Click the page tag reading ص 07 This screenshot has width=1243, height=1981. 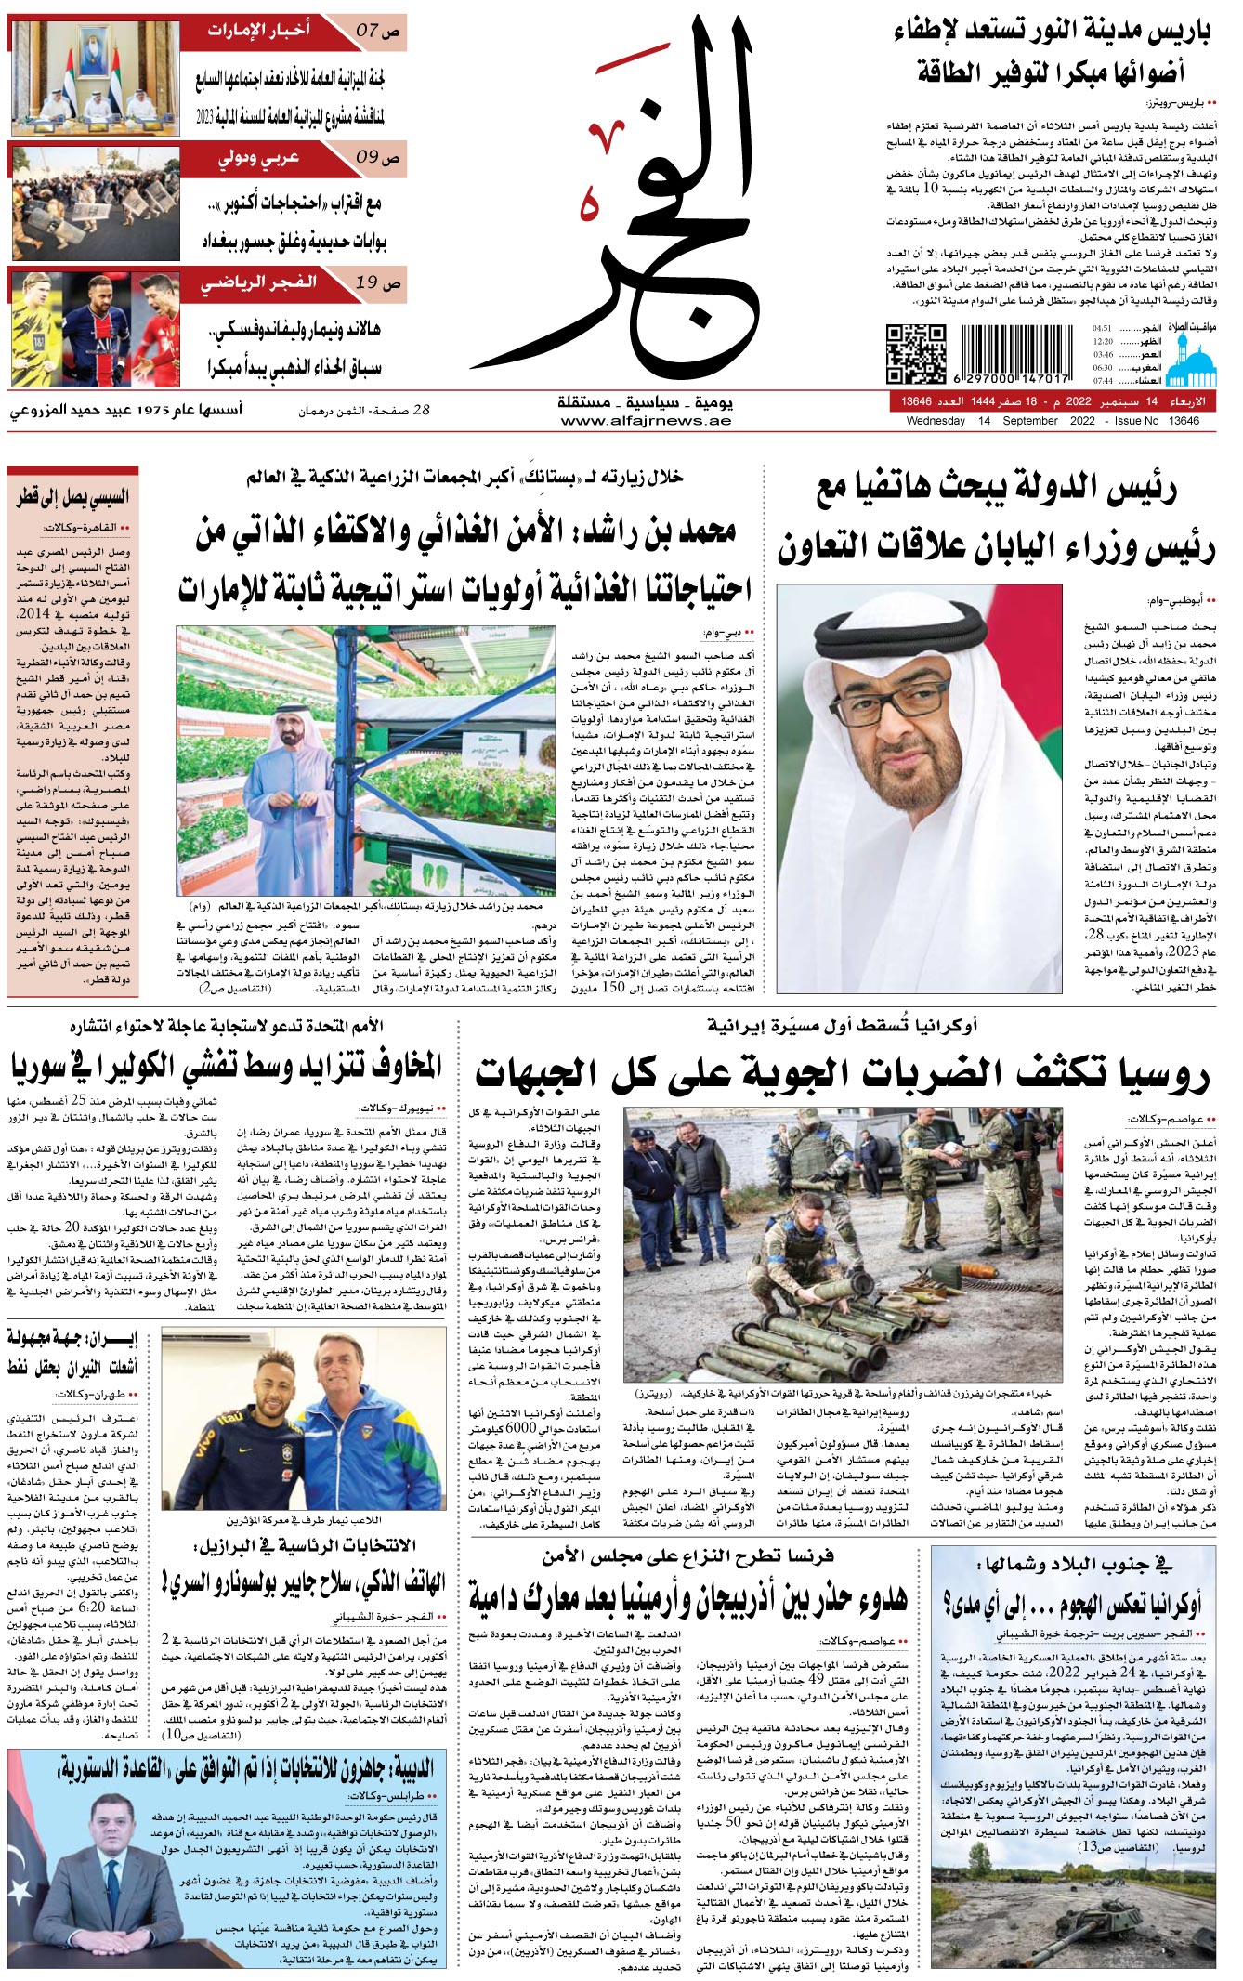point(378,31)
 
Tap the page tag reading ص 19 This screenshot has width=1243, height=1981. point(378,282)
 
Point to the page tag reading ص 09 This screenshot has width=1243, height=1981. point(378,157)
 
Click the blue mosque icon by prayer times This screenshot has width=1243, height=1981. point(1191,357)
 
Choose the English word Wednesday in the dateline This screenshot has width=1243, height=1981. point(936,421)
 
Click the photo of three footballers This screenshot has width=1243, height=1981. point(96,328)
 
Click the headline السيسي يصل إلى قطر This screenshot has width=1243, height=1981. point(73,497)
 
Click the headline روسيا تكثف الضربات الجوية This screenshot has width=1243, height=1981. point(843,1074)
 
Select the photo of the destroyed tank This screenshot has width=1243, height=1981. point(1073,1912)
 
